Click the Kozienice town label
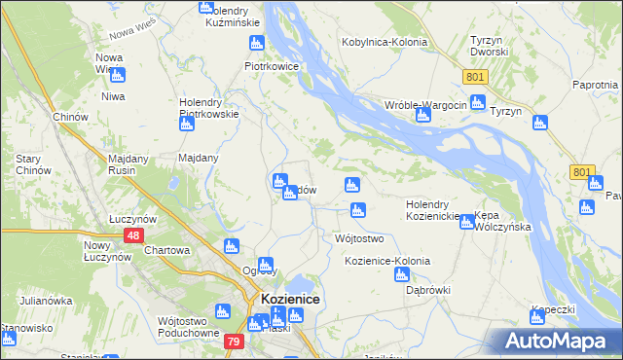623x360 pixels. coord(290,300)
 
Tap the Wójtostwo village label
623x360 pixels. coord(359,238)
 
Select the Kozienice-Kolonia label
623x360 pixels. coord(386,262)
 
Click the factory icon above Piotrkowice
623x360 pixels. coord(257,43)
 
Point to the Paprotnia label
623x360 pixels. coord(596,86)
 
